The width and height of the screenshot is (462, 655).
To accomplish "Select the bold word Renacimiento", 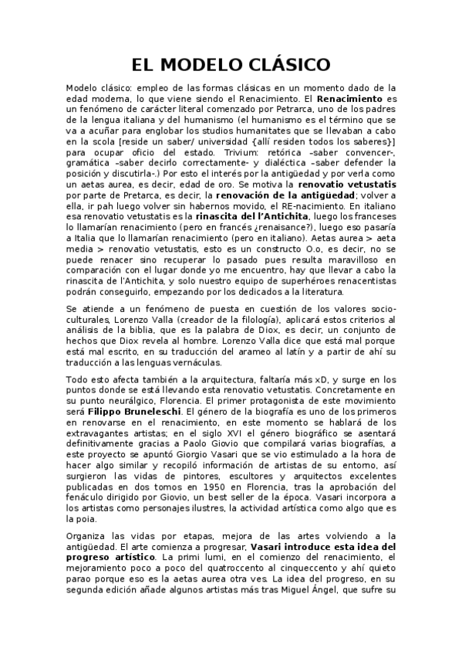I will pyautogui.click(x=350, y=100).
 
